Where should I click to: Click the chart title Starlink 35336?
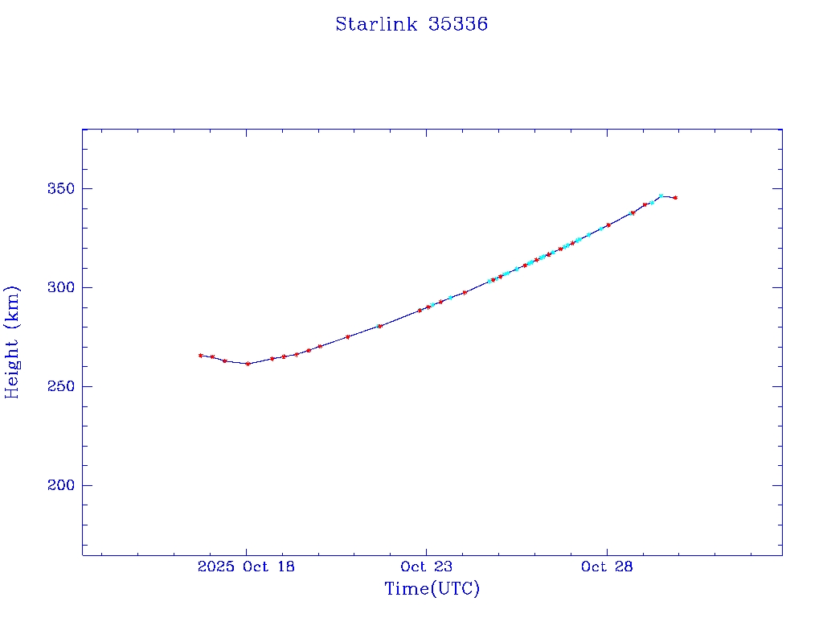(x=411, y=24)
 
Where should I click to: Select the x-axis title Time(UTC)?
(x=432, y=589)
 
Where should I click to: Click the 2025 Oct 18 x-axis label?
(x=246, y=566)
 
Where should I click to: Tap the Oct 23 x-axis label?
(x=426, y=566)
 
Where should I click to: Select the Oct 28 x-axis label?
(x=606, y=566)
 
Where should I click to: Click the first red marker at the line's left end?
(x=200, y=355)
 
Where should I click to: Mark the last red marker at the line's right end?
(x=675, y=197)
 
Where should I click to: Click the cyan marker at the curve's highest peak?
(x=661, y=196)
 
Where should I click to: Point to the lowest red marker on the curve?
(x=248, y=364)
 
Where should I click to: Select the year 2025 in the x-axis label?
(x=213, y=566)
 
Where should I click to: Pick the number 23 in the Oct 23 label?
(x=443, y=566)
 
